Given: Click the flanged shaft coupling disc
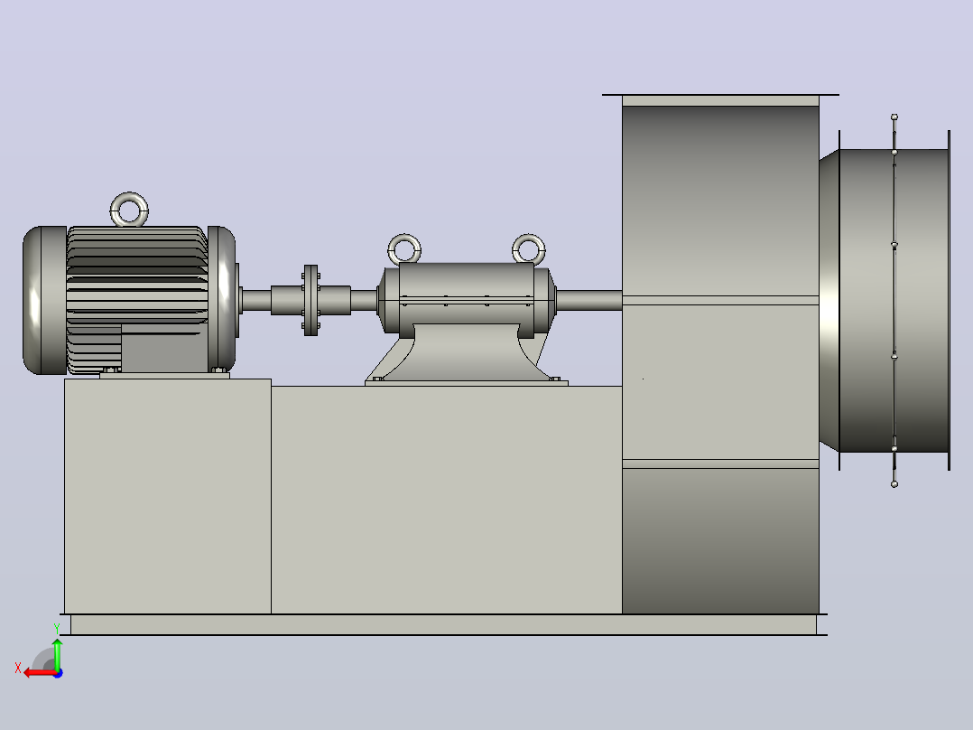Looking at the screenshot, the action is [x=310, y=301].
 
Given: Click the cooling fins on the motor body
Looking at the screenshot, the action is [x=136, y=274].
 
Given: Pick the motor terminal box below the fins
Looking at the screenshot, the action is [x=164, y=348].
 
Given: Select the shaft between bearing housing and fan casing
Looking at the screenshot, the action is [x=589, y=300].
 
